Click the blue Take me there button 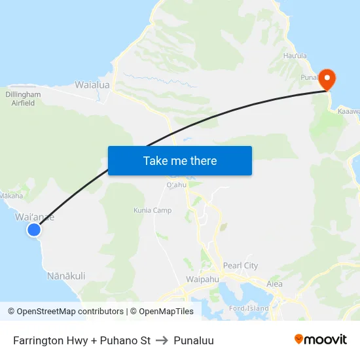[x=180, y=160]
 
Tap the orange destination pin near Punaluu [x=327, y=80]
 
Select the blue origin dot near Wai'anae [x=34, y=229]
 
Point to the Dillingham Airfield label [x=23, y=98]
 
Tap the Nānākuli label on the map [x=66, y=276]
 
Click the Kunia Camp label [x=153, y=210]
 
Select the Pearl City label [x=241, y=266]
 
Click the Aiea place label [x=275, y=284]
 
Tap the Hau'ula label [x=295, y=56]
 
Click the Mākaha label [x=11, y=195]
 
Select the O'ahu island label [x=177, y=185]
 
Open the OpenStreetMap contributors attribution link [x=70, y=312]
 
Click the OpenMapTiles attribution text [x=166, y=312]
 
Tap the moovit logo [x=320, y=340]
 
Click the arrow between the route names [x=162, y=340]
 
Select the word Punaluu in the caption [x=194, y=340]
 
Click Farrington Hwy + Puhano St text [x=82, y=340]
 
